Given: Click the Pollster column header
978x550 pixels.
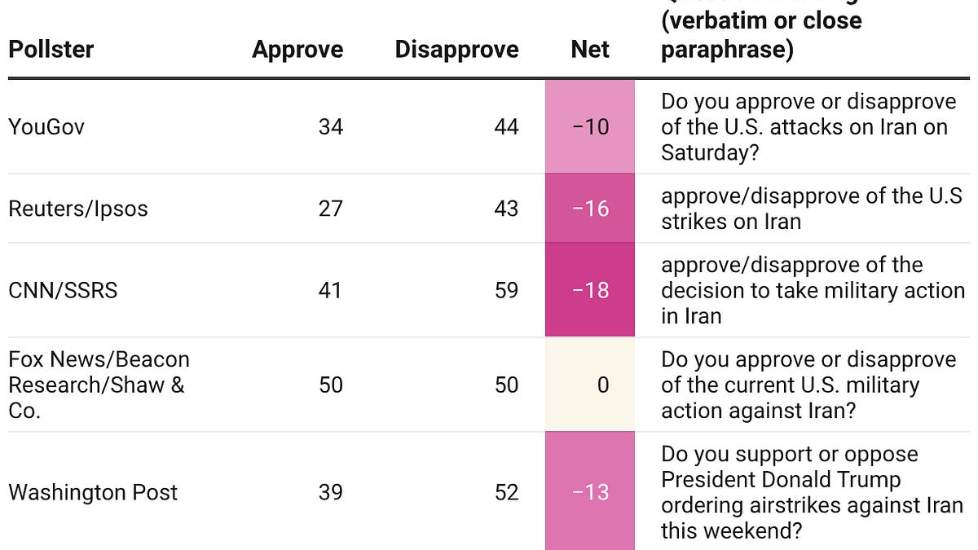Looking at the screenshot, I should [x=51, y=50].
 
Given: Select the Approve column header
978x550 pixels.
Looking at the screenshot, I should [x=297, y=50].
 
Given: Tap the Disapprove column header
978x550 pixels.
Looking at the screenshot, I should [x=456, y=50].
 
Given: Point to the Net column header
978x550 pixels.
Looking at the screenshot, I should [x=590, y=50].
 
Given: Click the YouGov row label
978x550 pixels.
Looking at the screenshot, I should [x=46, y=127].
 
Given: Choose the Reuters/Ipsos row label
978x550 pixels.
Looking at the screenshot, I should [x=78, y=209].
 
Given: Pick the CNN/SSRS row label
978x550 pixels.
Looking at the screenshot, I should [x=63, y=290].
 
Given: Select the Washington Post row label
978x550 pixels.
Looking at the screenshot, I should [x=93, y=492].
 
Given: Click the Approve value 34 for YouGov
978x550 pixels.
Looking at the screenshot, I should [x=331, y=127].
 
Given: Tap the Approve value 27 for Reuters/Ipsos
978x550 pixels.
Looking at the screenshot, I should [x=331, y=209].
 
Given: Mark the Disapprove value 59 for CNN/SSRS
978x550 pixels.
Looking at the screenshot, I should [x=506, y=290].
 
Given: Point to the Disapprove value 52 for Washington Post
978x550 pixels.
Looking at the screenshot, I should [x=506, y=492].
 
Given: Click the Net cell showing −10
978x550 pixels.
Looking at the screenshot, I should [x=590, y=127].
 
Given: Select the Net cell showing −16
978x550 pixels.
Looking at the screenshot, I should [x=590, y=209].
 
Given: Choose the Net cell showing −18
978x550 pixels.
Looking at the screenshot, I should [x=590, y=290].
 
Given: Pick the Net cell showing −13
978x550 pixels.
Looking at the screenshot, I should [x=590, y=492].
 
